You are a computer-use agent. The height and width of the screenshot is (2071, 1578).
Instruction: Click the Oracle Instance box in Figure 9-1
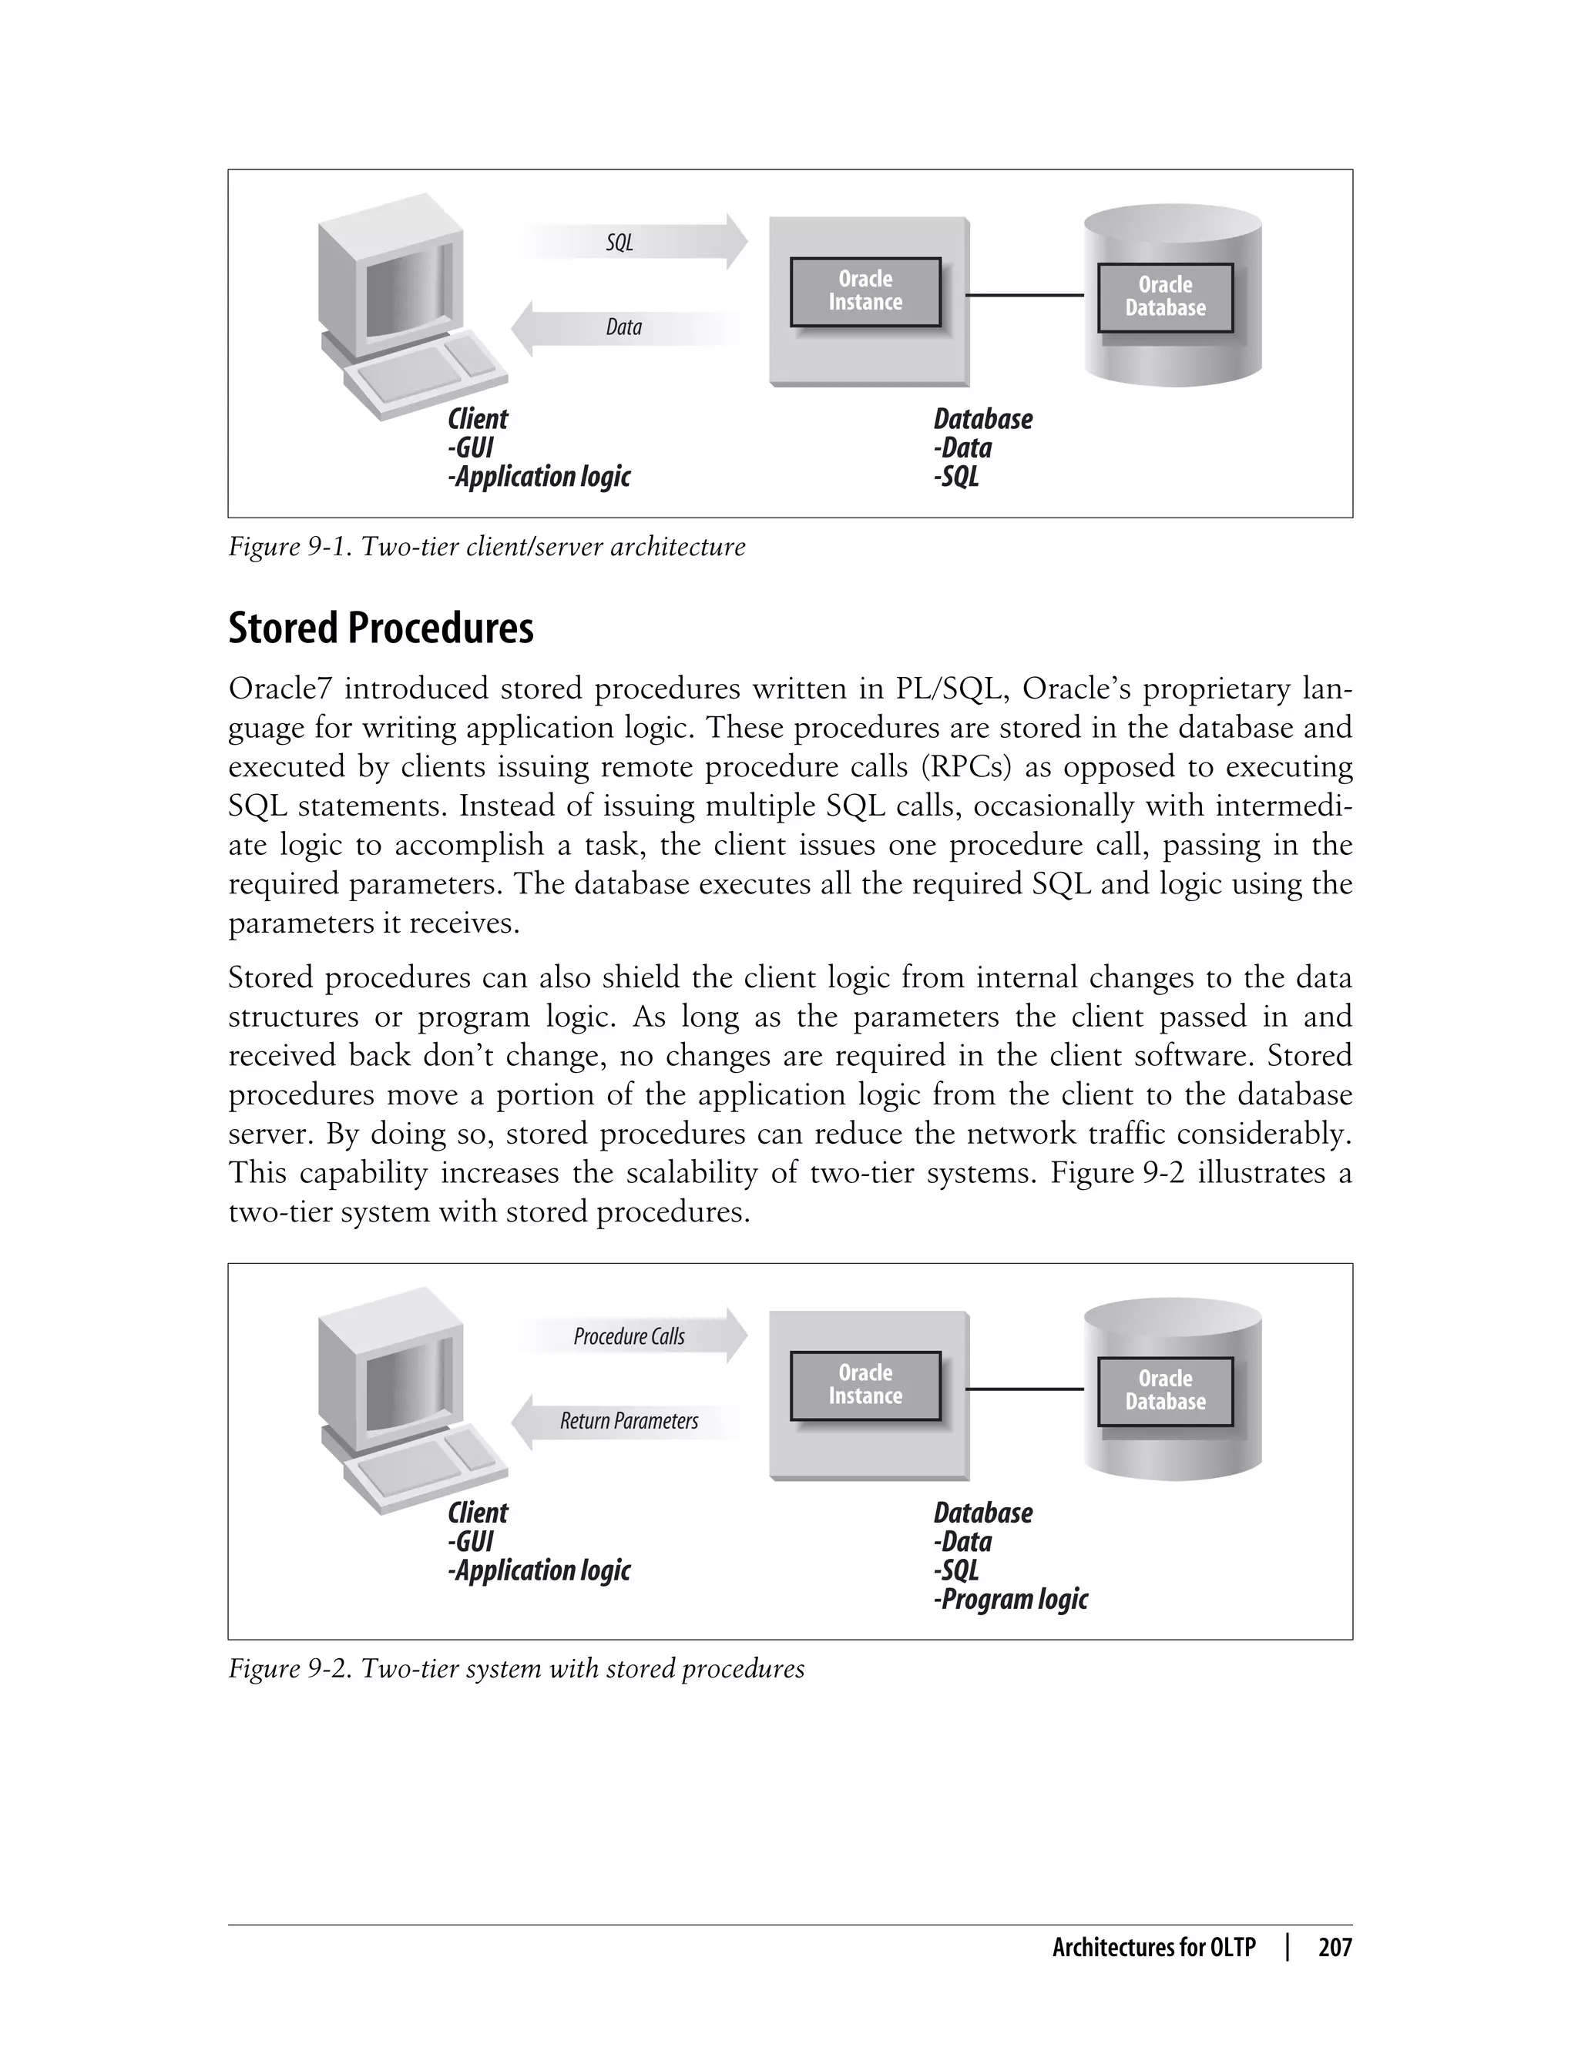(x=865, y=291)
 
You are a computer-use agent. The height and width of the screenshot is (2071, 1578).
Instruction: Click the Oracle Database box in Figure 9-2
(x=1165, y=1390)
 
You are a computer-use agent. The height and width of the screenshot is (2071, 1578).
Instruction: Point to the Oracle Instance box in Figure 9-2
(x=865, y=1385)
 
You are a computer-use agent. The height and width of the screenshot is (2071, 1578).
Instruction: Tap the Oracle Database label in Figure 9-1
(x=1165, y=297)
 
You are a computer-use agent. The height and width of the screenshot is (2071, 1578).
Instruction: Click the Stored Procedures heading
(x=381, y=628)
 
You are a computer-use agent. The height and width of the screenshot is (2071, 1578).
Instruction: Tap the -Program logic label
(x=1011, y=1599)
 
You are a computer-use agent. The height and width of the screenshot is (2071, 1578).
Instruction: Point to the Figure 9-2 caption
(x=515, y=1668)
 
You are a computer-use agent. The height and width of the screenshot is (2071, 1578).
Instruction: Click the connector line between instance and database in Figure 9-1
(x=1024, y=295)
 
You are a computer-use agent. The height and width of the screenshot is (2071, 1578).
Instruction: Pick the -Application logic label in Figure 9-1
(x=539, y=477)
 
